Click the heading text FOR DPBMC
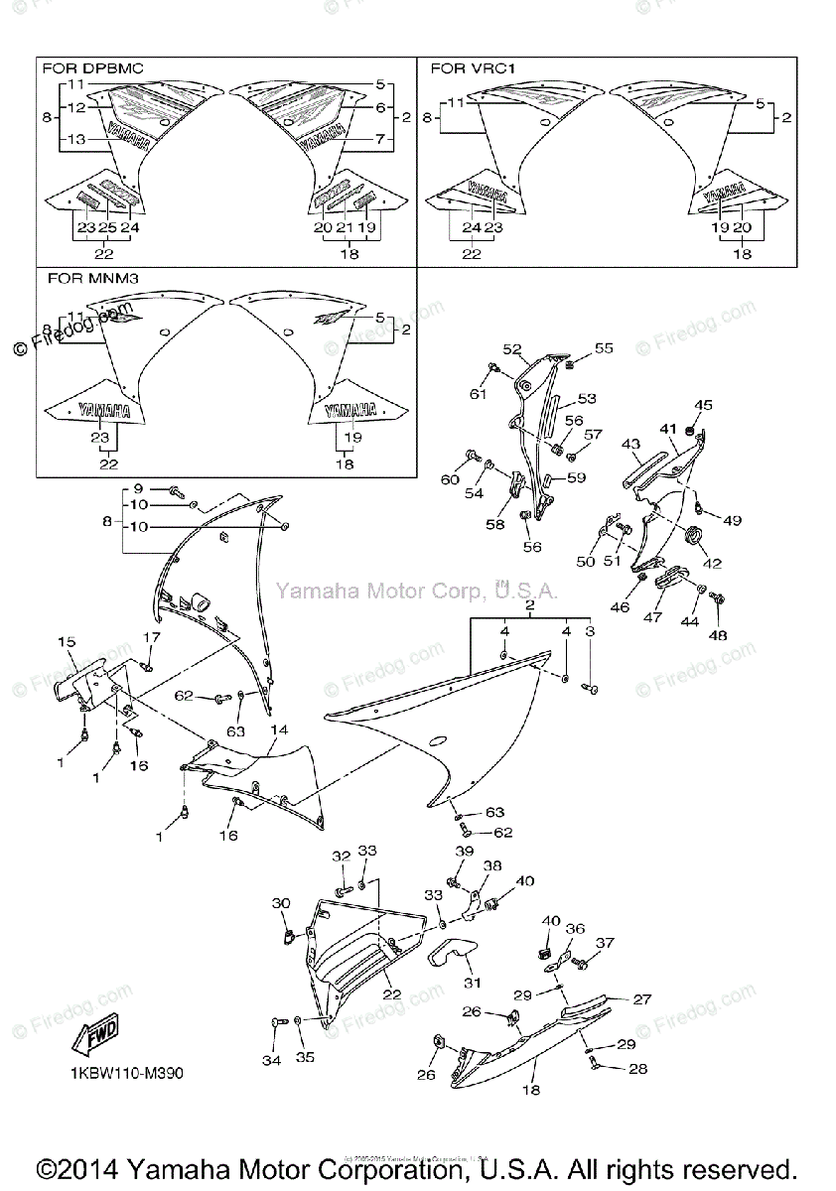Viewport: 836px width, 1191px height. [x=92, y=68]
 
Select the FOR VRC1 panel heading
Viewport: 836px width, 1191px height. [x=472, y=68]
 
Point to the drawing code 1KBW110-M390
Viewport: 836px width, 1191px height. [x=126, y=1074]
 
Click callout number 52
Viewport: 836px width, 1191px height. [x=511, y=349]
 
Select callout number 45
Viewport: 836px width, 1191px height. [x=703, y=405]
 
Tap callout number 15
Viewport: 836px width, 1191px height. [x=67, y=643]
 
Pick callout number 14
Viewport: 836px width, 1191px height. [x=279, y=730]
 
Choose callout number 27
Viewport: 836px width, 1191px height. [x=642, y=999]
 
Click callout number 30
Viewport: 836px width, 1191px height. [x=281, y=903]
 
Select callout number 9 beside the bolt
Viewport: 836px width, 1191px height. [x=139, y=488]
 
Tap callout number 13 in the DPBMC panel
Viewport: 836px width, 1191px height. [x=77, y=141]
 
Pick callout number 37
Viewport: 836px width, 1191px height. [x=605, y=943]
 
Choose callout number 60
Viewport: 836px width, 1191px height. [x=451, y=480]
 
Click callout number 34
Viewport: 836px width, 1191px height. [x=272, y=1059]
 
